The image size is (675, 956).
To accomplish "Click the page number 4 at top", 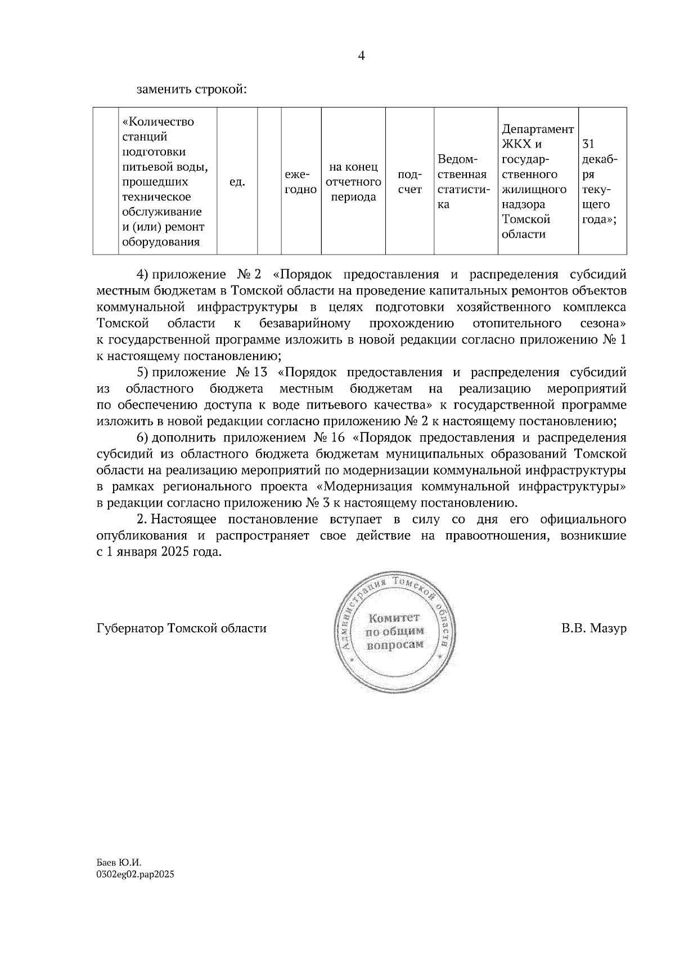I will click(361, 56).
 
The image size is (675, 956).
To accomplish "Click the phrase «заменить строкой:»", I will click(191, 90).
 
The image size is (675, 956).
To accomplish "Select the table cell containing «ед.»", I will click(237, 182).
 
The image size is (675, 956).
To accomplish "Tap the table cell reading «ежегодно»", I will click(300, 182).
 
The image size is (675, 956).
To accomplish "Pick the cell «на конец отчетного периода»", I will click(353, 182).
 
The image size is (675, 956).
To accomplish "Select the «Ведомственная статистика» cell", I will click(465, 182).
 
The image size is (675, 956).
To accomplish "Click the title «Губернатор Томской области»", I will click(181, 628).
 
